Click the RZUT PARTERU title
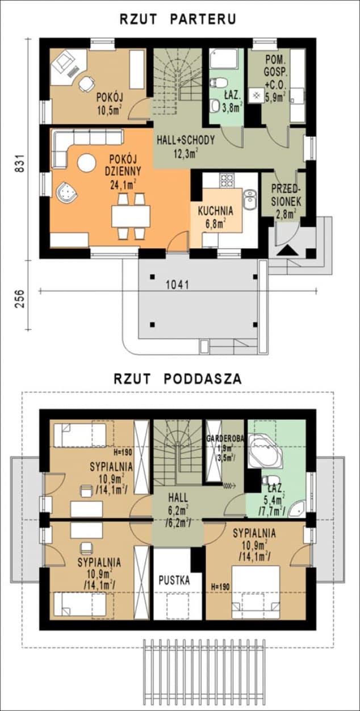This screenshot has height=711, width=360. [178, 19]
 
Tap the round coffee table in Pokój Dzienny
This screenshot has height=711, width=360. [87, 163]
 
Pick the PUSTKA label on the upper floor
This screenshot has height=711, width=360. [174, 580]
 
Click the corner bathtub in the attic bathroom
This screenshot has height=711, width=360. [265, 450]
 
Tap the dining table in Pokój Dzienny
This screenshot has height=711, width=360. [131, 216]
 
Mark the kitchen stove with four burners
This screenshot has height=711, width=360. [227, 181]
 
